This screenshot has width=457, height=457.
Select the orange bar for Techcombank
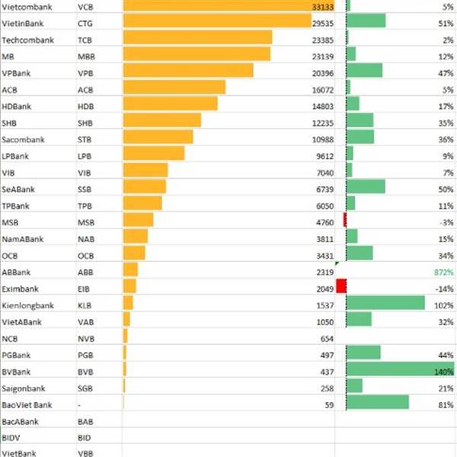coord(197,37)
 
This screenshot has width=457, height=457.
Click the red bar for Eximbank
coord(340,286)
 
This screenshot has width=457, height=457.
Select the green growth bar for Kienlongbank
coord(385,303)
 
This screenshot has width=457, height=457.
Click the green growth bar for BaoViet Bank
coord(378,402)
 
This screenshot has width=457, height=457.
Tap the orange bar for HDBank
coord(170,104)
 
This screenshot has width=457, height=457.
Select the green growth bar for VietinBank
coord(366,21)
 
